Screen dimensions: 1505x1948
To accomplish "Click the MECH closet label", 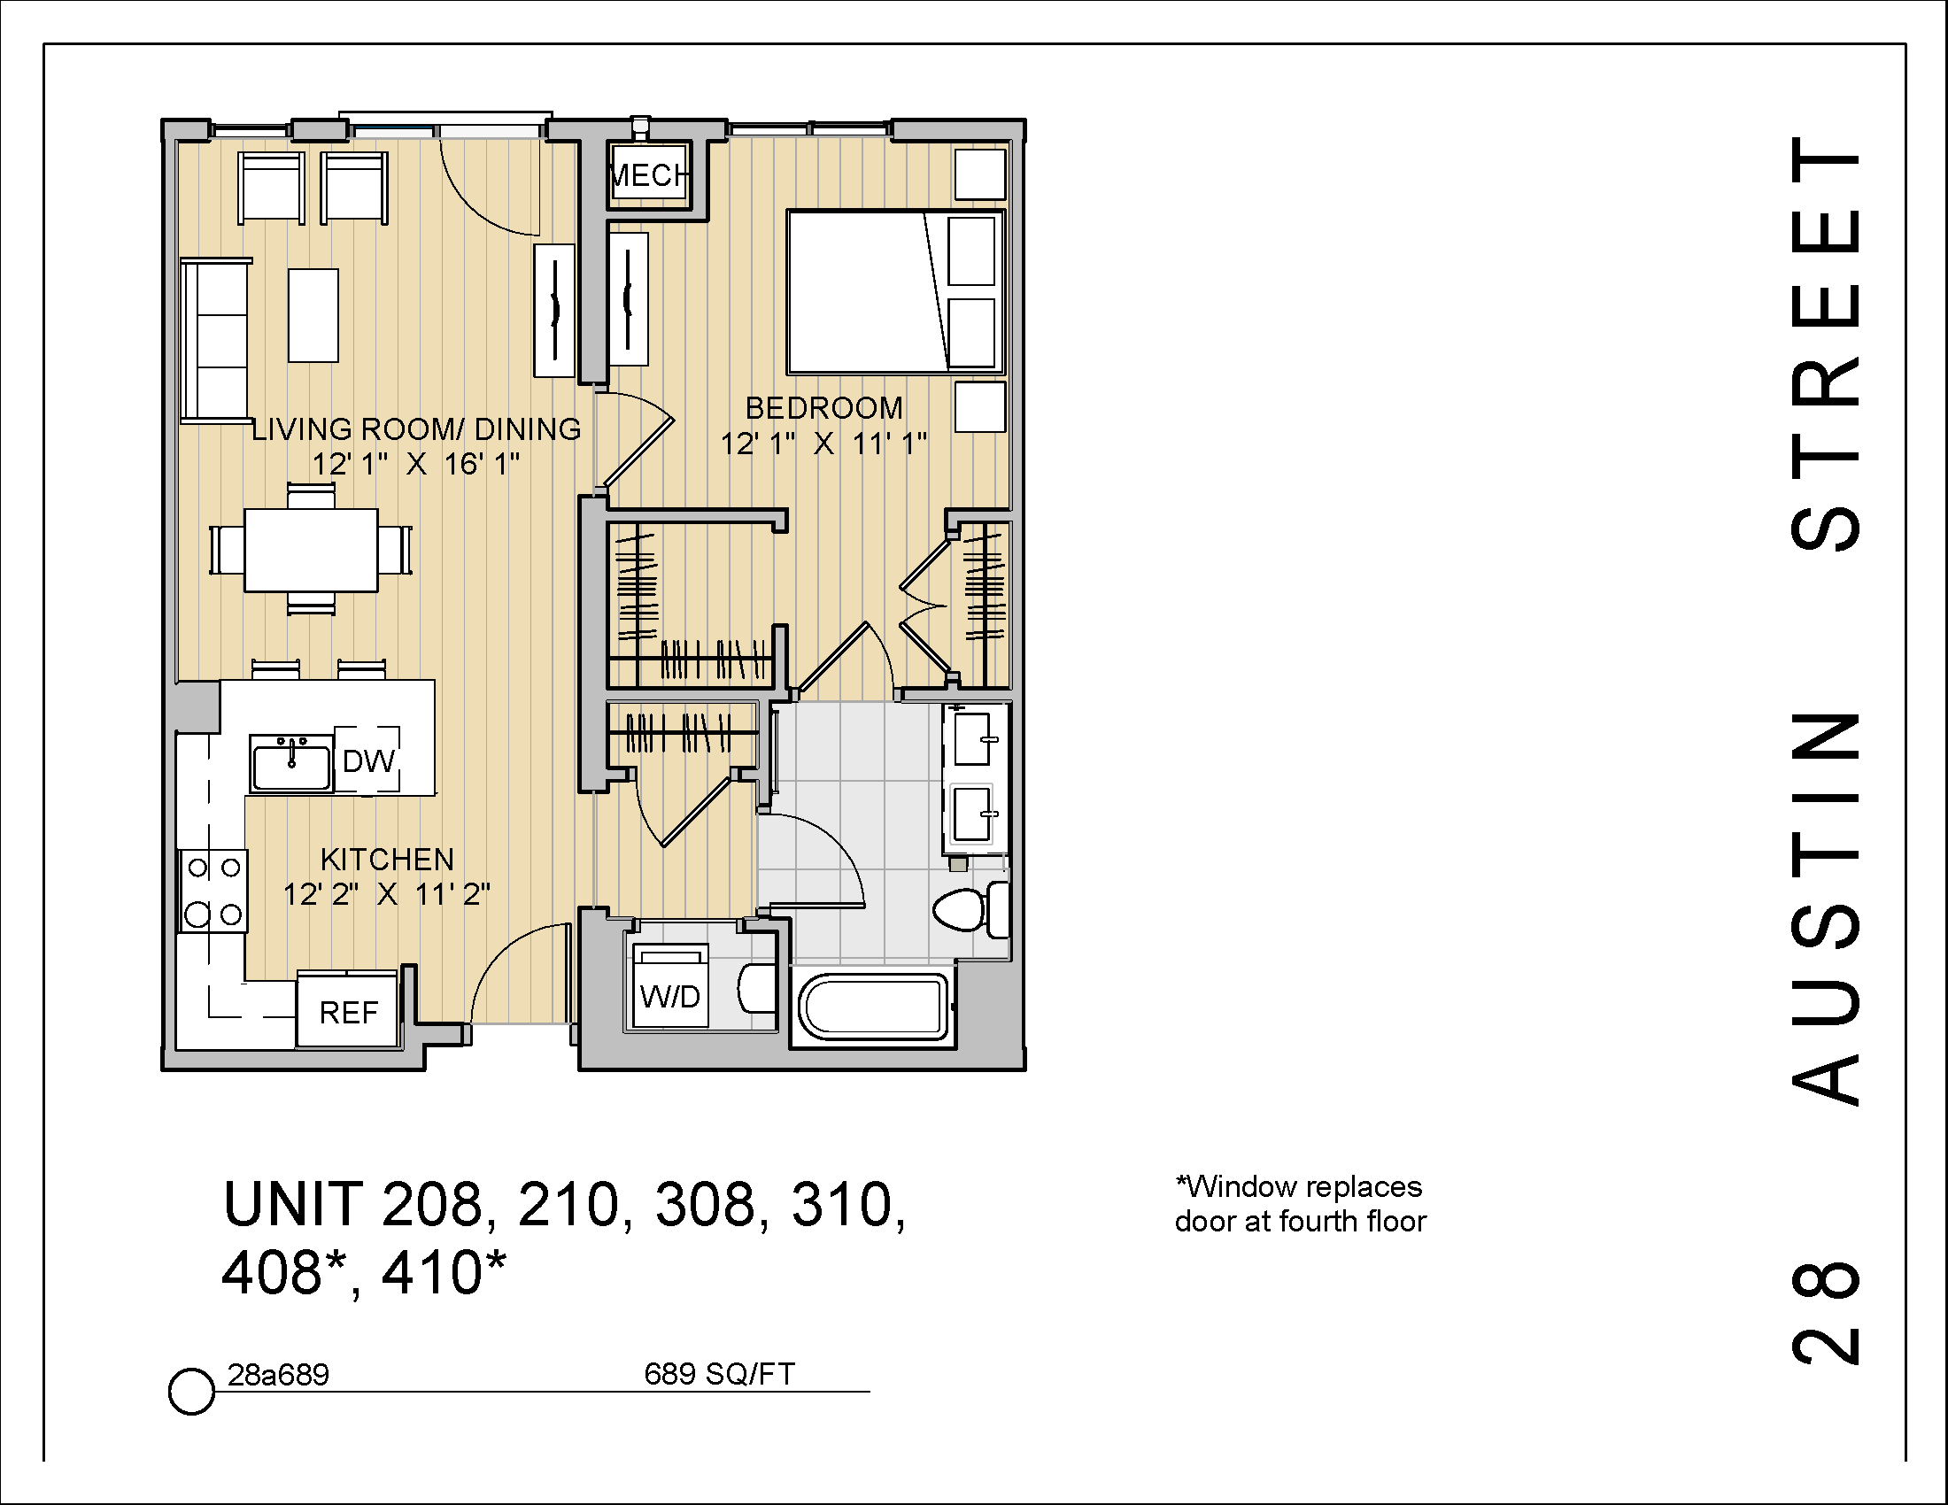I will pyautogui.click(x=650, y=175).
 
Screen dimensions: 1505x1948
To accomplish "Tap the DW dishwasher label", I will pyautogui.click(x=368, y=760).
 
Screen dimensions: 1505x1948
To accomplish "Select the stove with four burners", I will pyautogui.click(x=214, y=891).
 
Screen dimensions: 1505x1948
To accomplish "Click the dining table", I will pyautogui.click(x=311, y=549).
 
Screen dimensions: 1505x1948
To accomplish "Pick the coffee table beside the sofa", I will pyautogui.click(x=313, y=315).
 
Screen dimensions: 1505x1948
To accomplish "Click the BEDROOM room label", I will pyautogui.click(x=824, y=408).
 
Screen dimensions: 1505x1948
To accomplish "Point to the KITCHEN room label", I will pyautogui.click(x=387, y=860).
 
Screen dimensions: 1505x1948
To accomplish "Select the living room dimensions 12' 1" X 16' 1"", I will pyautogui.click(x=415, y=465).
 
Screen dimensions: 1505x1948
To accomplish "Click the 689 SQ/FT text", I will pyautogui.click(x=719, y=1374).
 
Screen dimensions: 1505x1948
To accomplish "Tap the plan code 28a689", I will pyautogui.click(x=278, y=1375).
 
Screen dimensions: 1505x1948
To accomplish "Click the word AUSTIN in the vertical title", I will pyautogui.click(x=1827, y=909).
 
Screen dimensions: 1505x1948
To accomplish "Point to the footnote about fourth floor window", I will pyautogui.click(x=1300, y=1204).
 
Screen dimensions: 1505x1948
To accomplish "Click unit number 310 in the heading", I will pyautogui.click(x=854, y=1205).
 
